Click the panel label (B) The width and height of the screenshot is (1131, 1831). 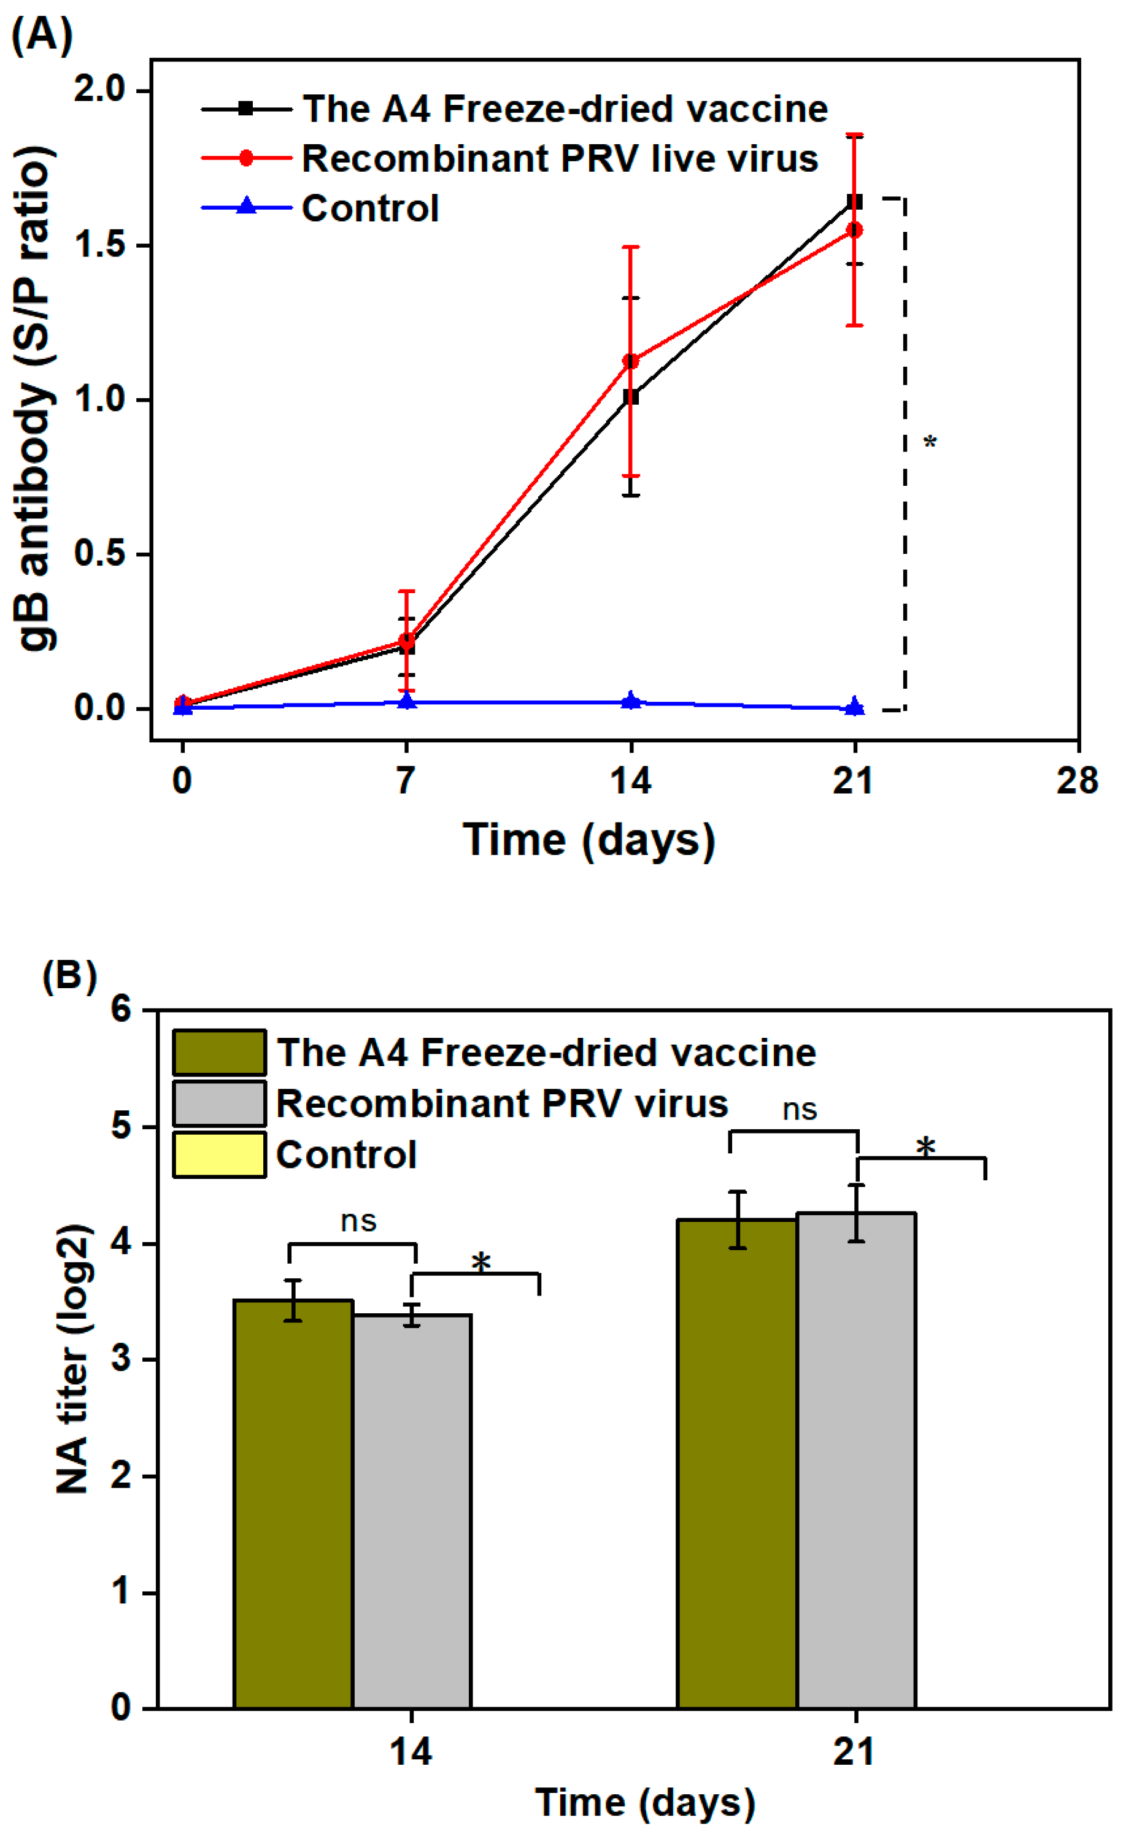pyautogui.click(x=69, y=976)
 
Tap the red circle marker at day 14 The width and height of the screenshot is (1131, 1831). pyautogui.click(x=631, y=361)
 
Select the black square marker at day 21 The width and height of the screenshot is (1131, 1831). pyautogui.click(x=854, y=202)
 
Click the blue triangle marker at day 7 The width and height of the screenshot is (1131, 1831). pyautogui.click(x=406, y=701)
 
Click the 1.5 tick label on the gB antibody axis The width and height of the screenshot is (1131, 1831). pyautogui.click(x=99, y=245)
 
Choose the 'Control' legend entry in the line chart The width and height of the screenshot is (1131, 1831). pyautogui.click(x=369, y=208)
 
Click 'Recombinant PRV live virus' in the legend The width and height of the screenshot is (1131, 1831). pyautogui.click(x=560, y=158)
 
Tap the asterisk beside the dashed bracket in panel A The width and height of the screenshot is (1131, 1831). pyautogui.click(x=930, y=443)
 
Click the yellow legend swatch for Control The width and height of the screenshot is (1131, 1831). pyautogui.click(x=219, y=1154)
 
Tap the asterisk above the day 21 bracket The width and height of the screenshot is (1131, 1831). pyautogui.click(x=926, y=1148)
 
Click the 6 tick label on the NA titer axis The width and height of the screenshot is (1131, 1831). pyautogui.click(x=121, y=1009)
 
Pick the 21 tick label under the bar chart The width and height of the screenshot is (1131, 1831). pyautogui.click(x=854, y=1752)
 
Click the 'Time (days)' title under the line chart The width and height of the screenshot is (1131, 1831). pyautogui.click(x=590, y=839)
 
